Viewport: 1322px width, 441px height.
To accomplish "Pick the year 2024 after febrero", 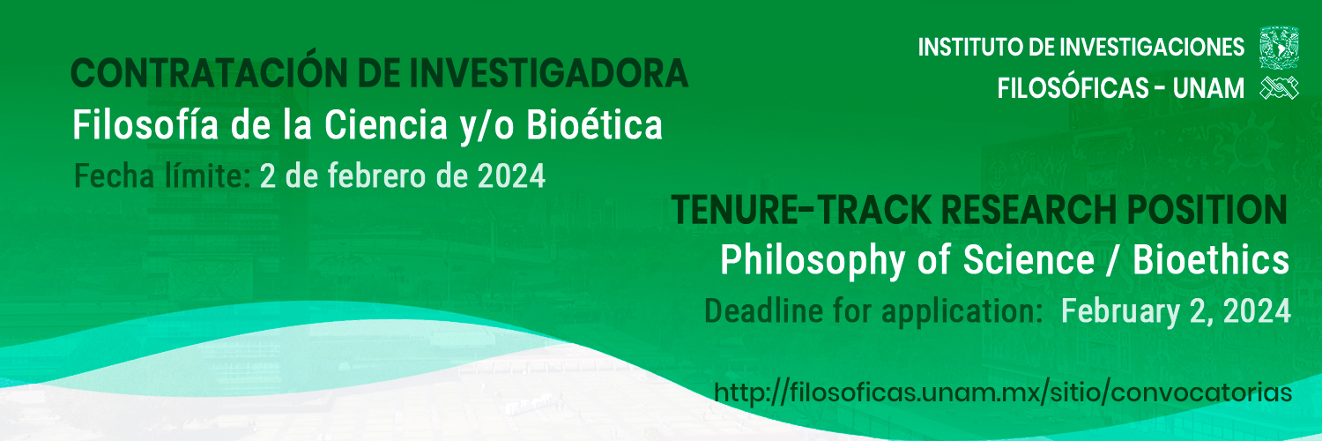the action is tap(511, 176).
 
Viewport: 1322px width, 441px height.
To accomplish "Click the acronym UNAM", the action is tap(1208, 88).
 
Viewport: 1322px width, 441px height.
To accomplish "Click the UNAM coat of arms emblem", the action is tap(1279, 48).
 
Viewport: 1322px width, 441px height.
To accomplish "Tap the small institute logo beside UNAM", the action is tap(1279, 88).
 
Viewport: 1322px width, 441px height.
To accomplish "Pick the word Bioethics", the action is tap(1211, 260).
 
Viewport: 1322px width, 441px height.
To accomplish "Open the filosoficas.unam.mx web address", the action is tap(1003, 392).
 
